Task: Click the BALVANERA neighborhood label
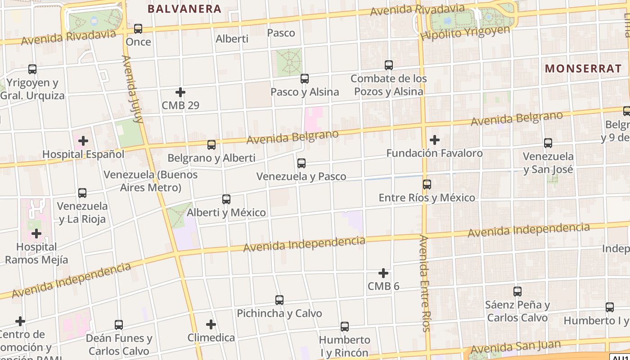coord(184,9)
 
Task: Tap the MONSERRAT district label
coord(583,69)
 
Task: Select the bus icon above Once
coord(138,29)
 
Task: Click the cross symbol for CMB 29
coord(180,93)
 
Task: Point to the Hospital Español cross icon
coord(83,141)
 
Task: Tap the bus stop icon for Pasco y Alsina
coord(305,79)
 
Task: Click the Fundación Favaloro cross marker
coord(435,140)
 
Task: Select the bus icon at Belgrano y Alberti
coord(211,145)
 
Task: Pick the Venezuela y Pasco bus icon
coord(301,163)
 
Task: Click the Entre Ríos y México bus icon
coord(427,184)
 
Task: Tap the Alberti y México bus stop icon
coord(226,199)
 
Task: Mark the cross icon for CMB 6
coord(383,273)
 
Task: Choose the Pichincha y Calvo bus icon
coord(279,300)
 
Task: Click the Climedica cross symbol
coord(211,324)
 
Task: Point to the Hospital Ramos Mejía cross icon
coord(36,234)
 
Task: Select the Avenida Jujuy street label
coord(133,89)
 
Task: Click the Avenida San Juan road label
coord(516,347)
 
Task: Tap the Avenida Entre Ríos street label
coord(425,283)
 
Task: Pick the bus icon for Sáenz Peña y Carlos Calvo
coord(517,292)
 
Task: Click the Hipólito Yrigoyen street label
coord(466,33)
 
